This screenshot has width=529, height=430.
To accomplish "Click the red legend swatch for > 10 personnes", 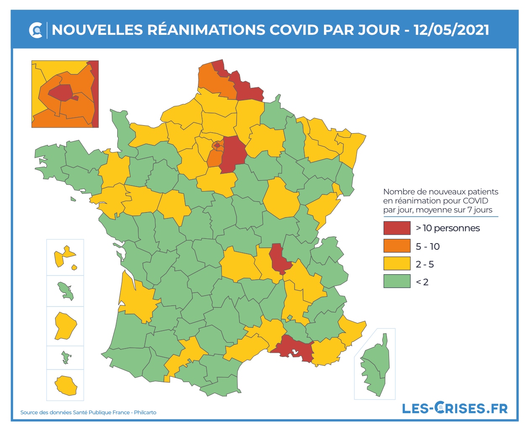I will (397, 228).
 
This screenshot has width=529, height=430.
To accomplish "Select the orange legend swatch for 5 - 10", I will (397, 246).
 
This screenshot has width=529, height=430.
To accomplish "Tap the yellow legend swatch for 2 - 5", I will (397, 264).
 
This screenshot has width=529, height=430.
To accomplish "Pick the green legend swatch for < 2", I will (397, 281).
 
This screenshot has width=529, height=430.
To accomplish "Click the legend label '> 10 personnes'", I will (447, 228).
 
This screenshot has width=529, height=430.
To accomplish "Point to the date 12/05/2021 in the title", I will (451, 30).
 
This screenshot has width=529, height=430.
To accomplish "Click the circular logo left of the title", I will (36, 30).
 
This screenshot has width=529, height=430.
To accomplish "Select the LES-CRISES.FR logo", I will (455, 408).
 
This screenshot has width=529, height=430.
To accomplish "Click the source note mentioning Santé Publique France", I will (88, 412).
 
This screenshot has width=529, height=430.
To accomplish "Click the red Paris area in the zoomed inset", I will (61, 92).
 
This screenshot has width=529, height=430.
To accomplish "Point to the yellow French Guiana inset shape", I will (65, 325).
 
